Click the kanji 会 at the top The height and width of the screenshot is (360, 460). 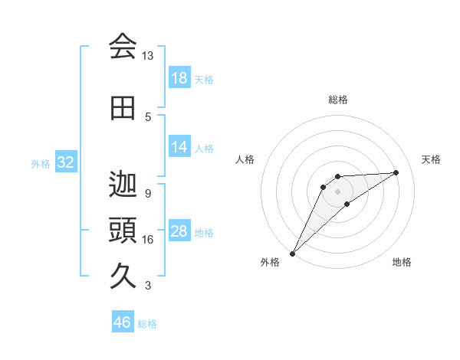123,47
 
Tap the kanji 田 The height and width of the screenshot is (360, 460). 123,108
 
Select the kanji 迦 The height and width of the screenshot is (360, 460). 123,185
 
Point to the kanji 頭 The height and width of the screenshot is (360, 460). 123,231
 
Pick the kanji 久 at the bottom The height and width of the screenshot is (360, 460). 123,277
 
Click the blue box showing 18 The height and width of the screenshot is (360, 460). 179,78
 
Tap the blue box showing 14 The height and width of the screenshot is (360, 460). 179,147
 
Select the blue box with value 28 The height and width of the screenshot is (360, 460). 179,232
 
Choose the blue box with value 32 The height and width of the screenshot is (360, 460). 65,162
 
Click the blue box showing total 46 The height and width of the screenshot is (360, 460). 123,322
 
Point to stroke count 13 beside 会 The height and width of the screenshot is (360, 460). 148,56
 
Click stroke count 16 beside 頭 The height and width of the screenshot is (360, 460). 148,240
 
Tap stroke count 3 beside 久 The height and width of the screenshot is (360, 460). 148,286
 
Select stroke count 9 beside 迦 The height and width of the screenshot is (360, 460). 148,193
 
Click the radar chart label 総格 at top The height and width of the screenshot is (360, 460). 338,100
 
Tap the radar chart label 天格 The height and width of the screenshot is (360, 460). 432,159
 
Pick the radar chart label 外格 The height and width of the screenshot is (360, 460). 270,262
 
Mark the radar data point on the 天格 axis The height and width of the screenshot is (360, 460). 396,172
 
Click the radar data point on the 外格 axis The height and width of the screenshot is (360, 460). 292,254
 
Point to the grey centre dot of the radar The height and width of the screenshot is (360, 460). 337,191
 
